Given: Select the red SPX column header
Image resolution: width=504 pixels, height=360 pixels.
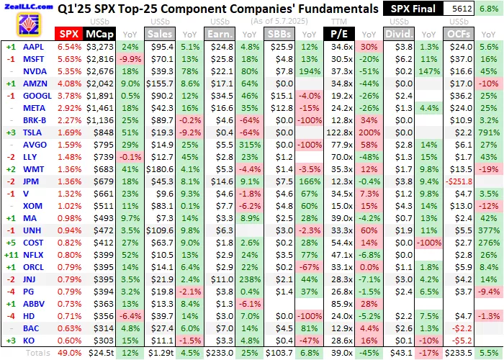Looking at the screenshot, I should pyautogui.click(x=69, y=34).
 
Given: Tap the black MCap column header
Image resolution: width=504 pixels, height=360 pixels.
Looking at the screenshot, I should pyautogui.click(x=98, y=34).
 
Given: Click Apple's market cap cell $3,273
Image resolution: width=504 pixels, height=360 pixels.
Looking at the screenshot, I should pyautogui.click(x=99, y=47).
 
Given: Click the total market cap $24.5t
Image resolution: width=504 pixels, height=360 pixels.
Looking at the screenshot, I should pyautogui.click(x=99, y=354).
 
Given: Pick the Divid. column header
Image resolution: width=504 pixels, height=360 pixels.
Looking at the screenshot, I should pyautogui.click(x=400, y=34).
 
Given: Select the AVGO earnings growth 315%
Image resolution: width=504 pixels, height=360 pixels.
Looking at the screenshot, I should pyautogui.click(x=248, y=145).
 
